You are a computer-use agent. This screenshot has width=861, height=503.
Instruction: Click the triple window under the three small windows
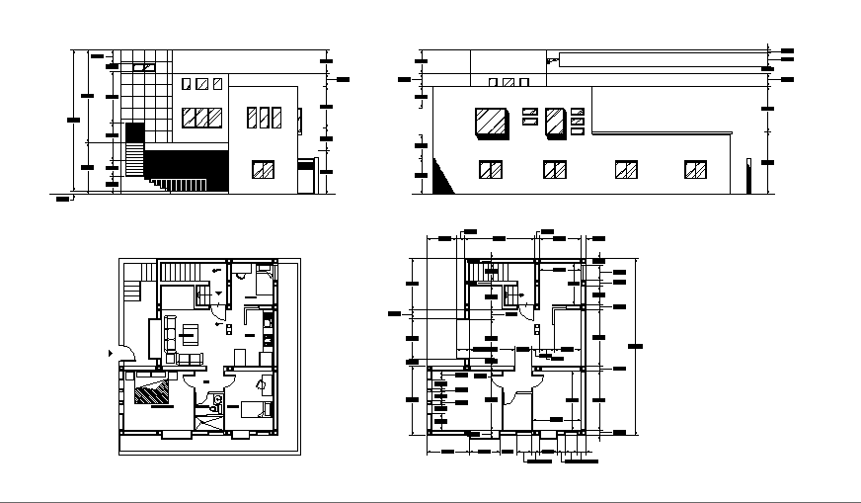(x=202, y=119)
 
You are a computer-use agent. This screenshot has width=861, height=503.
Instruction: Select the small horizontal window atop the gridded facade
(x=144, y=67)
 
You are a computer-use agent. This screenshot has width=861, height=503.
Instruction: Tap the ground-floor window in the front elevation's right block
(x=263, y=170)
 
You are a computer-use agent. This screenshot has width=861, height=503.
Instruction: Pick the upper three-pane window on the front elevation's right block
(x=264, y=118)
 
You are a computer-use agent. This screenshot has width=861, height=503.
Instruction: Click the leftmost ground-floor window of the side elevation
(x=491, y=170)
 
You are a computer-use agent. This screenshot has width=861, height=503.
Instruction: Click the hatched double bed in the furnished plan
(x=152, y=393)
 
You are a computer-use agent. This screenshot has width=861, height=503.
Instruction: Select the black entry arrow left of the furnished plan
(x=110, y=352)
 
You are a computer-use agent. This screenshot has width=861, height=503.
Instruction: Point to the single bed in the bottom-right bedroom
(x=252, y=409)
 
